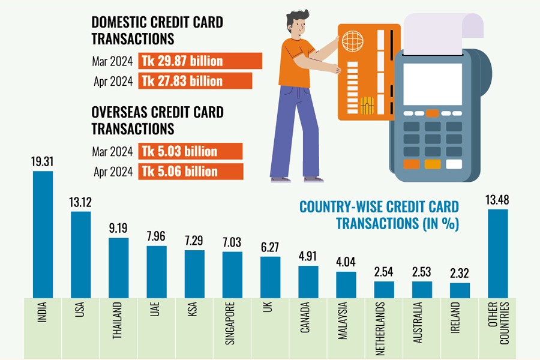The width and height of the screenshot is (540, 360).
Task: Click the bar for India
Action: tap(43, 234)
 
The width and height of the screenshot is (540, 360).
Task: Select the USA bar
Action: tap(81, 254)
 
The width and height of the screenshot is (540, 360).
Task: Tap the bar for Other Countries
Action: tap(498, 253)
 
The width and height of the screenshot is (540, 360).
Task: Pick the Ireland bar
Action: tap(460, 290)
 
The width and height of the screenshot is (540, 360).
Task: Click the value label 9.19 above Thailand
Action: tap(118, 229)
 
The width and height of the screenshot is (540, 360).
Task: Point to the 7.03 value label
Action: tap(232, 242)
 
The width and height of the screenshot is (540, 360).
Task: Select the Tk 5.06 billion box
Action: tap(191, 172)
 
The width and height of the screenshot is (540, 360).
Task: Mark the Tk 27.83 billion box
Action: tap(196, 81)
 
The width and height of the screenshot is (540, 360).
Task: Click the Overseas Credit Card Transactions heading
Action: tap(157, 120)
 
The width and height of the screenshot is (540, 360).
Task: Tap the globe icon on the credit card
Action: tap(353, 41)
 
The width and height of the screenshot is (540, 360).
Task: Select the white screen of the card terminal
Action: tap(432, 84)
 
